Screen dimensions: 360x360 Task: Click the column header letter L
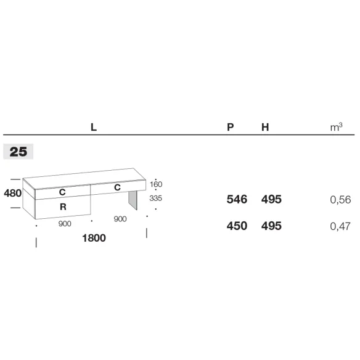[94, 127]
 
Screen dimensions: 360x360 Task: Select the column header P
[231, 127]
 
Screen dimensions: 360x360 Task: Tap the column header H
[265, 127]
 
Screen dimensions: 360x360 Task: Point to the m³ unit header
[337, 127]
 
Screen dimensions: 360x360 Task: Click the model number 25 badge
[18, 152]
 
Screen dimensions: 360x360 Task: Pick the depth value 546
[237, 199]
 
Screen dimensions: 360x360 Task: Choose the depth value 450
[237, 226]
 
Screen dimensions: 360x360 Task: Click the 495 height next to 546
[271, 199]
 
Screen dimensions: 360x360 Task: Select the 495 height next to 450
[271, 226]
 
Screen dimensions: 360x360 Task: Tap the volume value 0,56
[340, 200]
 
